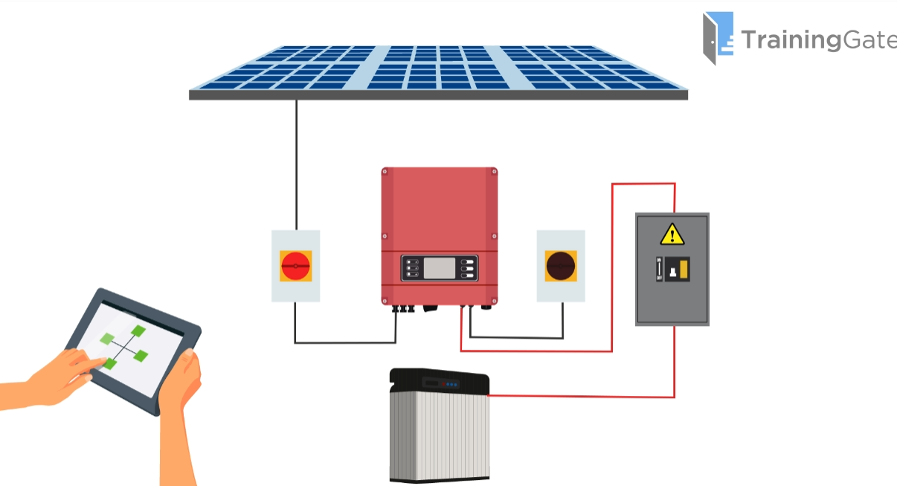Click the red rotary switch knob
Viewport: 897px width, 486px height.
click(296, 266)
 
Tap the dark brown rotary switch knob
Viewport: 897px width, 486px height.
click(561, 266)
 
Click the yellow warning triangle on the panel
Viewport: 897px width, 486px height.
click(672, 235)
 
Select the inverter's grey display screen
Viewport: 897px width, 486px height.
click(439, 268)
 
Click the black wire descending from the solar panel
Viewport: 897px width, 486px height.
click(296, 164)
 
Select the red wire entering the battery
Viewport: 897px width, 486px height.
click(580, 396)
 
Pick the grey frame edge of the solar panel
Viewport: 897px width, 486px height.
click(438, 95)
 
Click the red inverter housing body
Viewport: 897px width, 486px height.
click(439, 208)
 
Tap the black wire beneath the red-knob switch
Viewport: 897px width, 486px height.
click(296, 324)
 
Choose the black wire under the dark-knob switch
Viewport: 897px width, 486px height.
click(562, 320)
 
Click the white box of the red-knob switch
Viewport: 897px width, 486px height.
click(296, 290)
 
